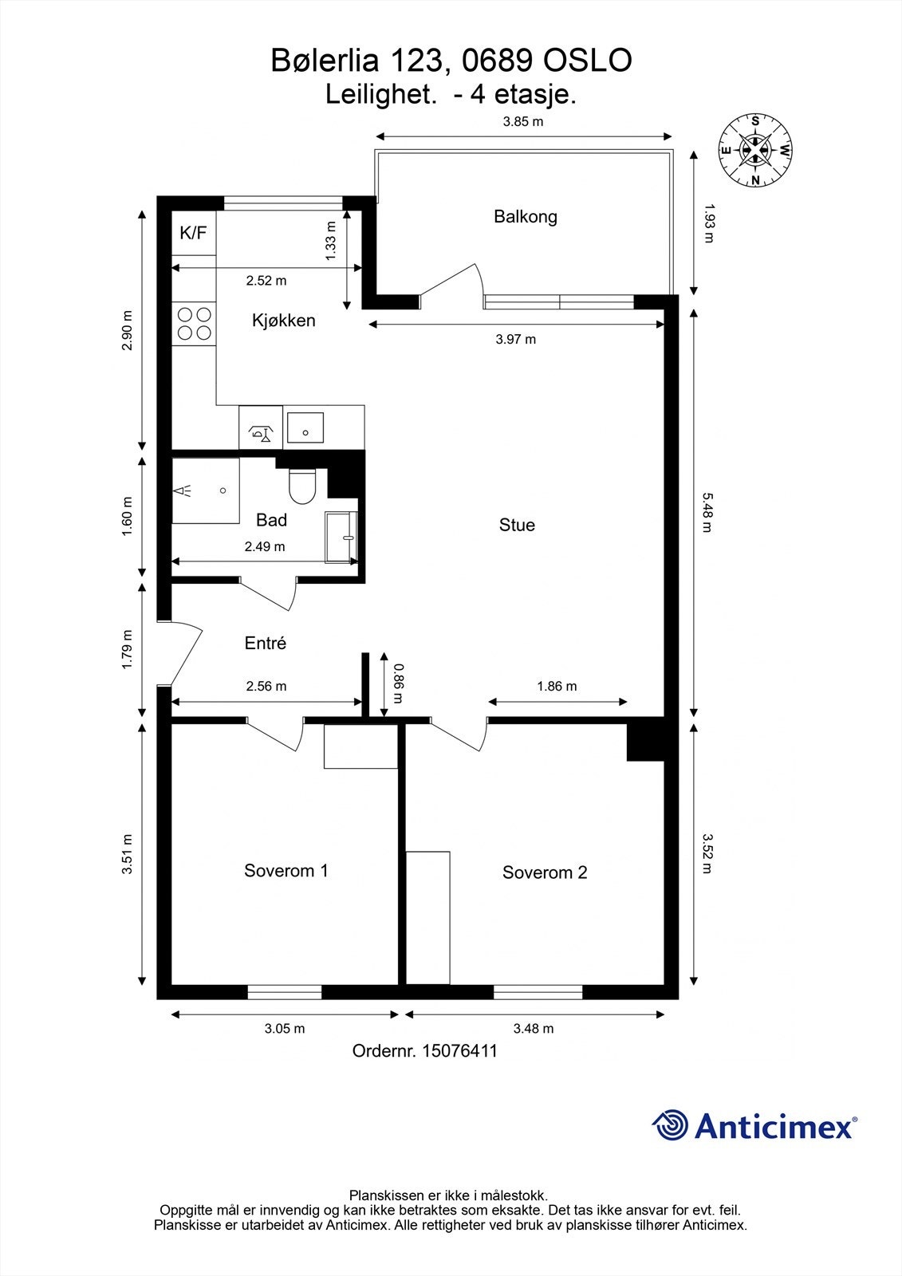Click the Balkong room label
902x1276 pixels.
(x=526, y=217)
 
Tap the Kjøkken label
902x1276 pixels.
(x=284, y=320)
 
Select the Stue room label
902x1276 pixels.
(x=517, y=525)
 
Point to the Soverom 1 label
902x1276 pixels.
(x=286, y=870)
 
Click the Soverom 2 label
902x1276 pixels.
(x=545, y=872)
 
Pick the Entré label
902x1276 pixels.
(x=265, y=643)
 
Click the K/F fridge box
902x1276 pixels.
(x=194, y=233)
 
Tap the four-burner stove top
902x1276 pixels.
(x=195, y=324)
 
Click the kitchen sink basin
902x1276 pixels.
(x=305, y=427)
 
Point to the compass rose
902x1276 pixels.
(x=755, y=151)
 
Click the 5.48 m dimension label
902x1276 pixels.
(x=707, y=512)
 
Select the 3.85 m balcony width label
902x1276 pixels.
(x=523, y=121)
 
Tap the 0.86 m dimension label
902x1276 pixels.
(x=398, y=683)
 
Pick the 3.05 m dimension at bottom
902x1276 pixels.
(x=285, y=1028)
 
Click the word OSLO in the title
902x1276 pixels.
(x=588, y=61)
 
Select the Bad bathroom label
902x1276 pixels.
(x=271, y=519)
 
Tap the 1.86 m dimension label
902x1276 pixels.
(x=557, y=686)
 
